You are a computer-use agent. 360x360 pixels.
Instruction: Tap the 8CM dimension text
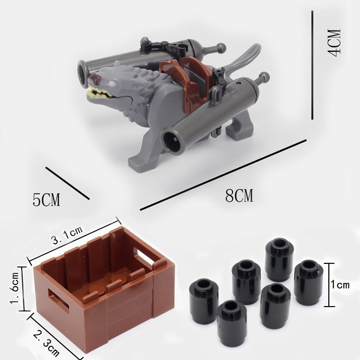point(239,197)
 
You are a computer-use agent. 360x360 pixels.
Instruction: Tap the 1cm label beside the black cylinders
point(340,285)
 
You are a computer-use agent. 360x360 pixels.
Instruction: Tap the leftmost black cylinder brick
point(203,301)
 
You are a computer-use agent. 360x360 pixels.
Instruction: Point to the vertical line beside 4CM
point(312,65)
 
